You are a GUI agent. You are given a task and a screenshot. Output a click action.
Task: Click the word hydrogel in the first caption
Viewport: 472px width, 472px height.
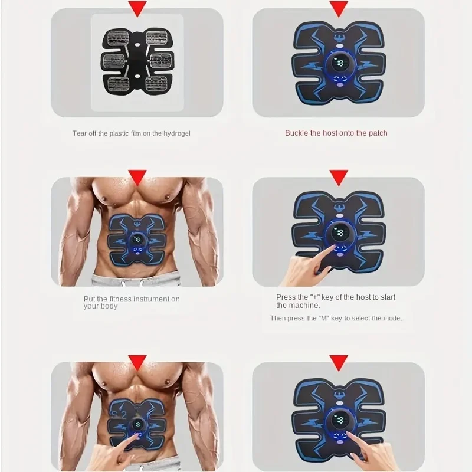(x=175, y=133)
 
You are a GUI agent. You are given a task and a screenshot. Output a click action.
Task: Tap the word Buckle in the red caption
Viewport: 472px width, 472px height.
(x=297, y=133)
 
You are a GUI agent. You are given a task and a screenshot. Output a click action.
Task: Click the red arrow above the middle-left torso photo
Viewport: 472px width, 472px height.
(x=137, y=176)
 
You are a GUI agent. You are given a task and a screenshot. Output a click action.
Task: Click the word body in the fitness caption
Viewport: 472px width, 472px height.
(x=110, y=306)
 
